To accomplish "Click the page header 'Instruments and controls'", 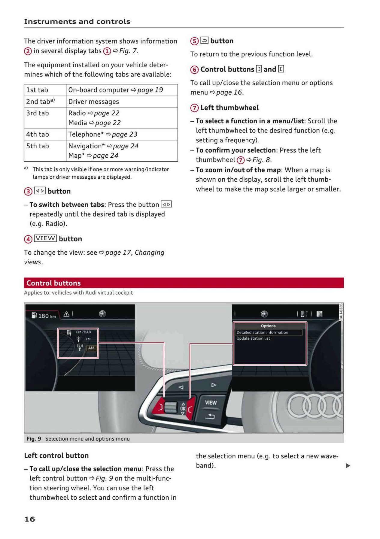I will [x=77, y=21].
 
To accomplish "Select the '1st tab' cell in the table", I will [x=37, y=90].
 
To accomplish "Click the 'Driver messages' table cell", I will [x=94, y=101].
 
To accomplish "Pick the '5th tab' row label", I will [x=38, y=146].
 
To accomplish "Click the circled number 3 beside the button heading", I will [x=28, y=191].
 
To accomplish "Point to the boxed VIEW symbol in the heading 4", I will [x=45, y=238].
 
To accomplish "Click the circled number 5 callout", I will [x=194, y=41].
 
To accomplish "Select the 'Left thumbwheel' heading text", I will [x=230, y=107].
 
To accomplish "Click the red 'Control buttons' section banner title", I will [x=54, y=283].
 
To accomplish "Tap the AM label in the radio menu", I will [x=91, y=348].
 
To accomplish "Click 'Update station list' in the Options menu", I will [x=253, y=338].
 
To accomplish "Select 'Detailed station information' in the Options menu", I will [x=262, y=332].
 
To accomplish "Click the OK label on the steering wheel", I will [x=183, y=408].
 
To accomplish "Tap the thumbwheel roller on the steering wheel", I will [x=171, y=407].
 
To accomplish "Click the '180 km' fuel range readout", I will [x=47, y=316].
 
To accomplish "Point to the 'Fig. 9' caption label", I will [x=34, y=439].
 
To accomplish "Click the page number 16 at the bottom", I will [x=30, y=519].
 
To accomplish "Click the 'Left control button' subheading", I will [x=56, y=456].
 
